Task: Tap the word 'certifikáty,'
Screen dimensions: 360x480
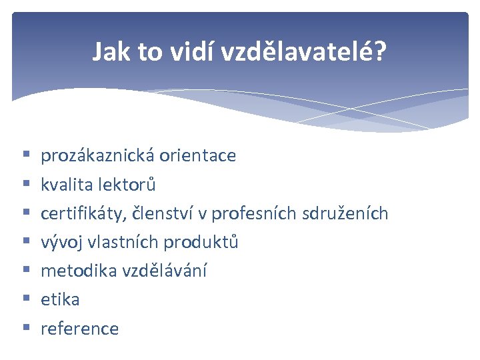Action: (x=83, y=213)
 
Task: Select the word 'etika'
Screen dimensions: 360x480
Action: (x=60, y=300)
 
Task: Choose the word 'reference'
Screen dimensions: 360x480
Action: (x=79, y=329)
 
